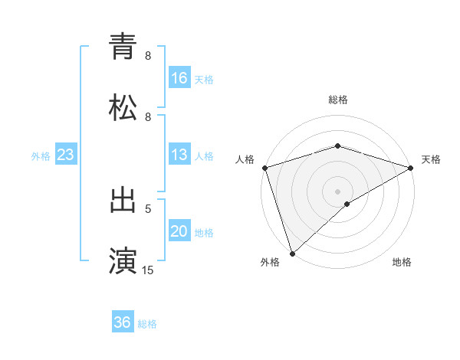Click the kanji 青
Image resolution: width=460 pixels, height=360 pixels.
[x=123, y=46]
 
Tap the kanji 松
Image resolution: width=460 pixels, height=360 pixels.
[x=123, y=108]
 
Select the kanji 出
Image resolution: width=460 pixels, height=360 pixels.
[x=123, y=199]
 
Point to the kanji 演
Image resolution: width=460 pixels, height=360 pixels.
[x=123, y=259]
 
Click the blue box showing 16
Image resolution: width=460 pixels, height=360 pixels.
[x=179, y=77]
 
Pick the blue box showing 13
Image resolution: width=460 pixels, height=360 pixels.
[x=179, y=155]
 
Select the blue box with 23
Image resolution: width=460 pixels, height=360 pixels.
[x=66, y=155]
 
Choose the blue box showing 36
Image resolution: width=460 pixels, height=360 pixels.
[x=123, y=322]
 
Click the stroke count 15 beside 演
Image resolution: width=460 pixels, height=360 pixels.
[x=148, y=270]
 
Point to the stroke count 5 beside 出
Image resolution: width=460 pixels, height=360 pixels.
[x=148, y=208]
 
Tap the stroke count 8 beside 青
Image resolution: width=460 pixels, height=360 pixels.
[x=148, y=56]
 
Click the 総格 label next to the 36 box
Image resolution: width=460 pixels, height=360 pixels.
[x=147, y=324]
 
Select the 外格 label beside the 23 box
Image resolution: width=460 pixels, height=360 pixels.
[x=41, y=156]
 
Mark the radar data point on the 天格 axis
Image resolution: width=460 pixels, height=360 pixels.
[x=411, y=168]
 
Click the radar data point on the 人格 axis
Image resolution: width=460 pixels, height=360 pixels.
[x=264, y=168]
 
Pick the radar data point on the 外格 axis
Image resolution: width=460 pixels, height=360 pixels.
[x=292, y=253]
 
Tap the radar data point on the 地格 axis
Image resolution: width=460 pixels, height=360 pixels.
[x=347, y=204]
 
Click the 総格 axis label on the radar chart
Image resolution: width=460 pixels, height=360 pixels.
[x=338, y=100]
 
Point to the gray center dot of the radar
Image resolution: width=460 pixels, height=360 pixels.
[x=338, y=191]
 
